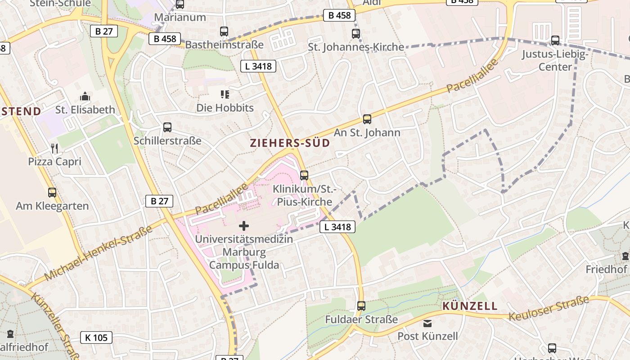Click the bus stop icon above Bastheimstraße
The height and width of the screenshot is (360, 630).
(224, 31)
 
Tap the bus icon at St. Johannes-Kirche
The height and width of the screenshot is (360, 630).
(356, 33)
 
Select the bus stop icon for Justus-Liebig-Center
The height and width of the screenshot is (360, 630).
(555, 40)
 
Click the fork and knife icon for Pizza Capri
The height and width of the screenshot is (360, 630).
(55, 148)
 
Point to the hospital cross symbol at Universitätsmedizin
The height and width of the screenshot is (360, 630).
(244, 225)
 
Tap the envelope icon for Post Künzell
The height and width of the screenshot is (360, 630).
(427, 323)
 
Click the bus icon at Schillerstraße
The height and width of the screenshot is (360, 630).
(167, 127)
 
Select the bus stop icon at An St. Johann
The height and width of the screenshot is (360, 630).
(367, 119)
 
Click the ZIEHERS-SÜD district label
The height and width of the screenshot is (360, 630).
(290, 143)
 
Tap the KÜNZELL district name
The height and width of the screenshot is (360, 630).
(470, 306)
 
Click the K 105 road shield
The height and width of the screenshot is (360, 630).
(96, 337)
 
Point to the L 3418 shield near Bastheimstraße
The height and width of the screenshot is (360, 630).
(258, 66)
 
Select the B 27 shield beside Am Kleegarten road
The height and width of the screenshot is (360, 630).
(159, 201)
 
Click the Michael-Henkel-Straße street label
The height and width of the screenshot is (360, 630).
(98, 253)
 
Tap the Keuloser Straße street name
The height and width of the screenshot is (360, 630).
(549, 308)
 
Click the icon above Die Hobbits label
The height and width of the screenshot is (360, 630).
(225, 94)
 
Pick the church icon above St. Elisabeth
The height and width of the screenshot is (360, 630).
(85, 96)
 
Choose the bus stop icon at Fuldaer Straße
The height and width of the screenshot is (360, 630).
(361, 306)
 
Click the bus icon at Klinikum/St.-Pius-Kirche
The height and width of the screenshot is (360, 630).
(304, 175)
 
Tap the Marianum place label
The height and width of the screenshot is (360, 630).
(180, 17)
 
